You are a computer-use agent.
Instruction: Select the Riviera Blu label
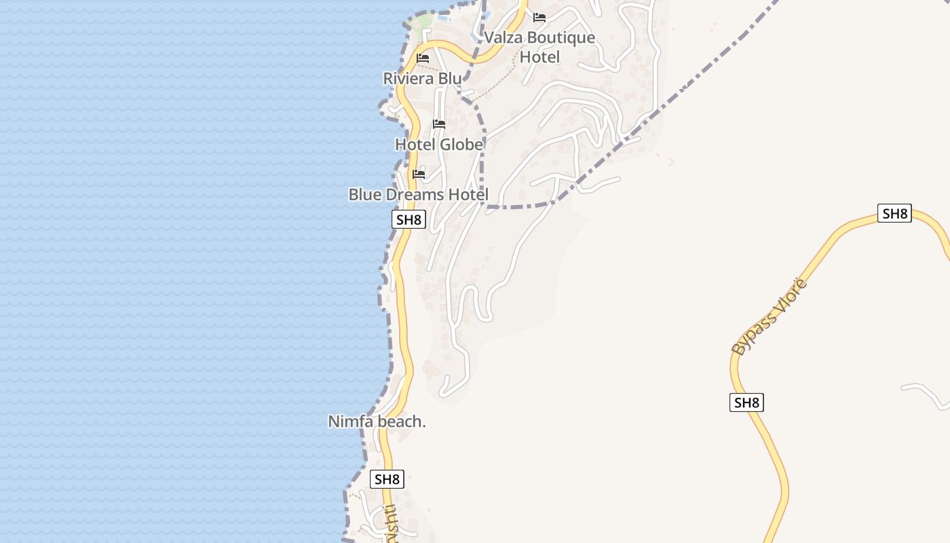[422, 79]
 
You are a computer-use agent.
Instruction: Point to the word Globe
[461, 145]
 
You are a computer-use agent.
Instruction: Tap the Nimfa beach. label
[377, 422]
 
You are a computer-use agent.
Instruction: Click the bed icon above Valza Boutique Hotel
[539, 18]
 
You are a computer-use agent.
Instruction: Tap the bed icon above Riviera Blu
[423, 58]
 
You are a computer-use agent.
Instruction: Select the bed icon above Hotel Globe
[439, 124]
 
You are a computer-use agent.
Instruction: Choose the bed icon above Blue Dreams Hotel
[419, 174]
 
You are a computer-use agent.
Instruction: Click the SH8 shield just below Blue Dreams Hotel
[408, 219]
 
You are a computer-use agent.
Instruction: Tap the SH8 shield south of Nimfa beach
[387, 479]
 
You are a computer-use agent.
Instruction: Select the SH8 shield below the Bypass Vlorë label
[746, 402]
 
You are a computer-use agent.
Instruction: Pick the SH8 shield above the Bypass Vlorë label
[894, 213]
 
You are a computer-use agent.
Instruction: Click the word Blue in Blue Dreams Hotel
[365, 195]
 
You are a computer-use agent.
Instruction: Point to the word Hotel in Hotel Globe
[415, 145]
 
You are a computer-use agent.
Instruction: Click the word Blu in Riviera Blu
[450, 79]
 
